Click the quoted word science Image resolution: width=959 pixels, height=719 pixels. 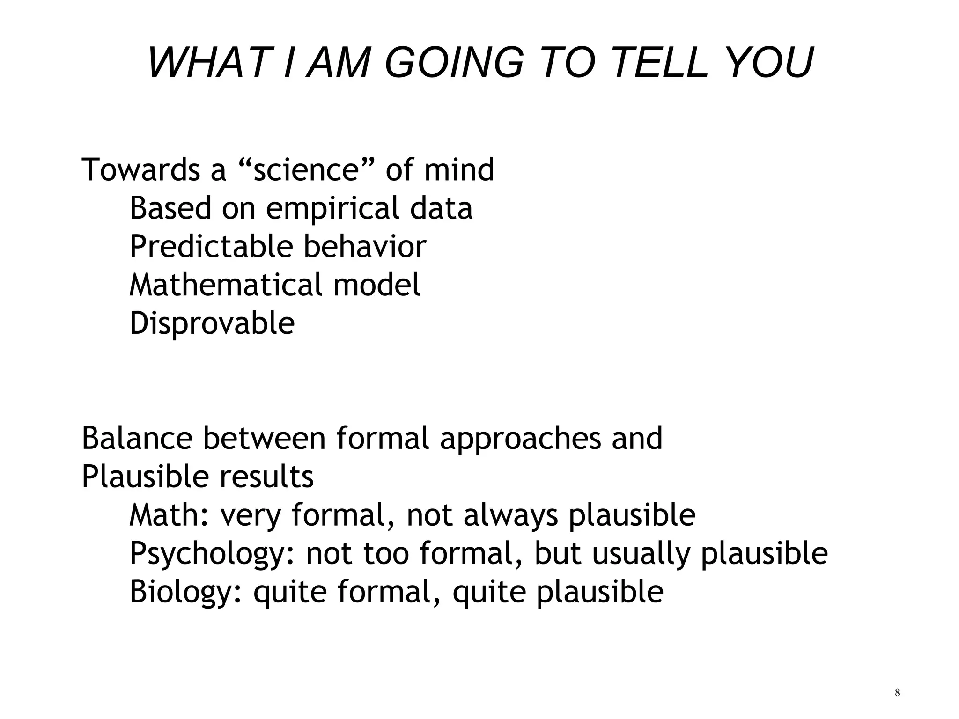click(305, 169)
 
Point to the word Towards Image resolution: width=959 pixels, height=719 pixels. click(141, 169)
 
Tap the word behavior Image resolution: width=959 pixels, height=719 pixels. click(365, 247)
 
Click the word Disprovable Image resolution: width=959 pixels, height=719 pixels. click(212, 323)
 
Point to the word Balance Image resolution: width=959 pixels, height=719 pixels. click(137, 439)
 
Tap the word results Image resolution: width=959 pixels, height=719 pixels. click(266, 477)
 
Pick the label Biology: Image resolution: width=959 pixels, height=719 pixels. click(186, 593)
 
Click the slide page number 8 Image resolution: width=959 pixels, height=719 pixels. click(897, 693)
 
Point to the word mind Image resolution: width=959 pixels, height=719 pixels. click(459, 169)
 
